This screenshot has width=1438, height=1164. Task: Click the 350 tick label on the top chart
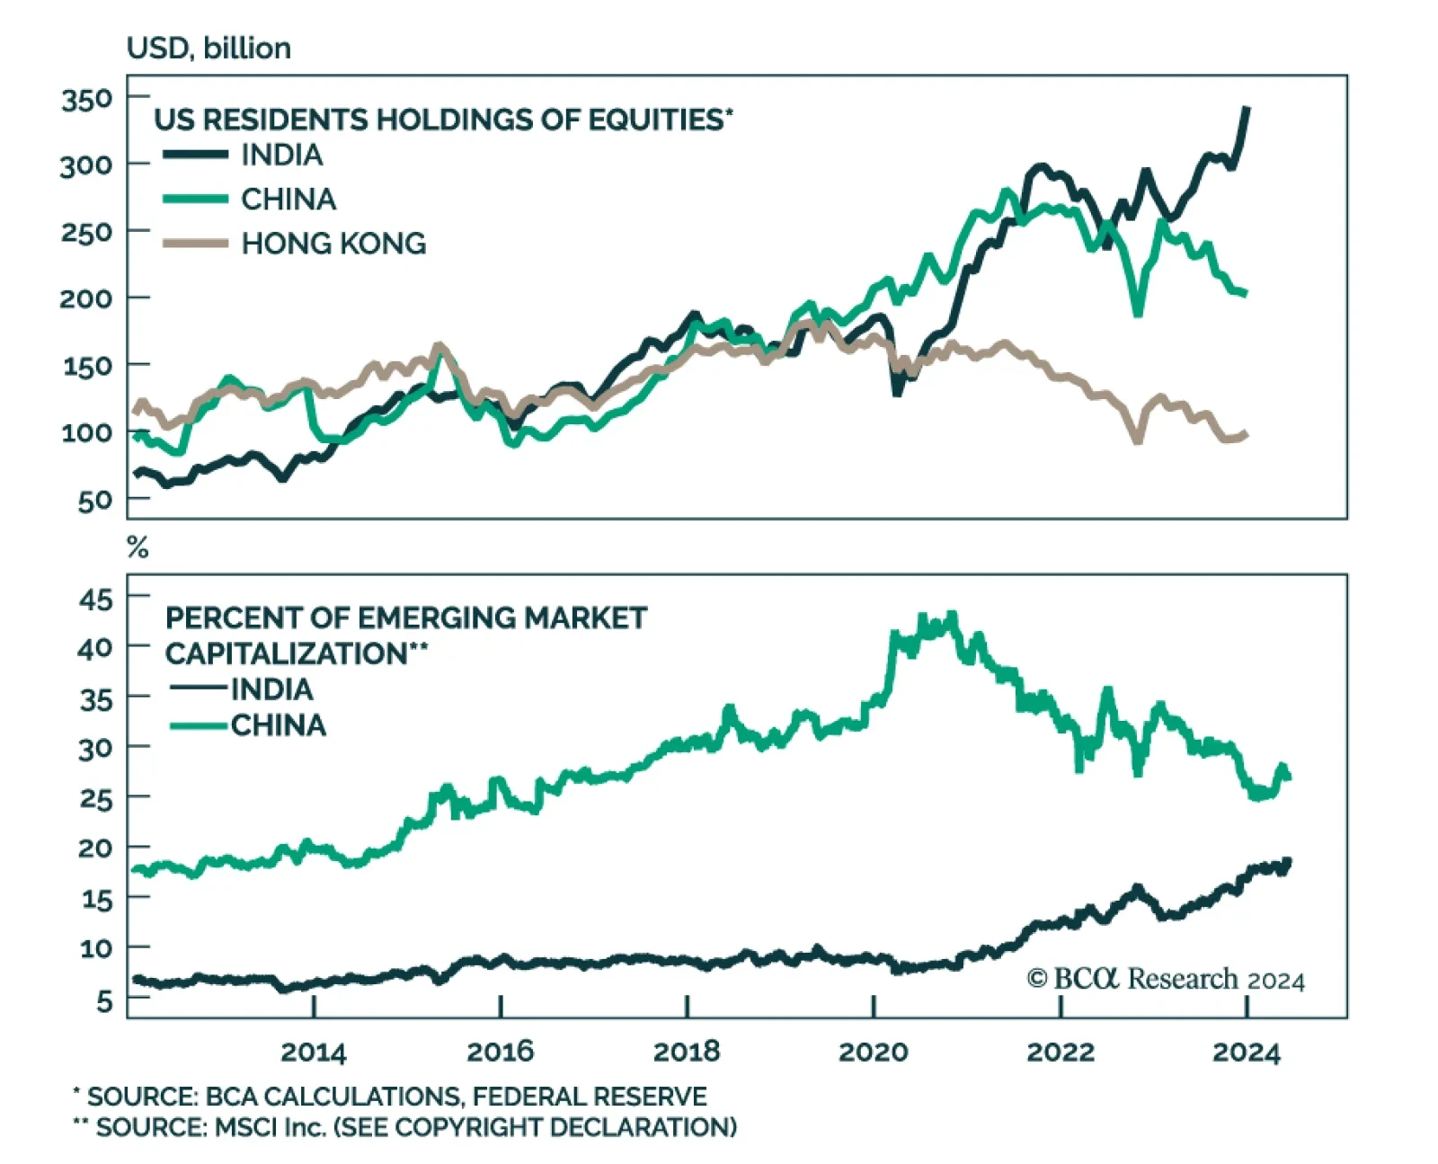click(x=87, y=98)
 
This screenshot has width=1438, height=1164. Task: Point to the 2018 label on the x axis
click(x=687, y=1052)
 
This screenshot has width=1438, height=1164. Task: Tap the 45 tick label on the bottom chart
click(x=95, y=600)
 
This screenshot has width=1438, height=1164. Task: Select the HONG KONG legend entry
click(x=333, y=244)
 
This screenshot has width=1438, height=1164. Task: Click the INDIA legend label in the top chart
click(x=282, y=155)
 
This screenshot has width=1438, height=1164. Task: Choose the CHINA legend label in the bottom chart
click(x=279, y=725)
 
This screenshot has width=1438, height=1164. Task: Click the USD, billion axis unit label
click(x=209, y=48)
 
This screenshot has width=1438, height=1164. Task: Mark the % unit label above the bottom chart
click(x=138, y=546)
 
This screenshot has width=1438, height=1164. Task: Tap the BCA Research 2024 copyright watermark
click(x=1166, y=979)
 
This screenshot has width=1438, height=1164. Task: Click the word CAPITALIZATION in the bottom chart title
click(x=287, y=653)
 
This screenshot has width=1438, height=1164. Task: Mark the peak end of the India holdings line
click(x=1247, y=109)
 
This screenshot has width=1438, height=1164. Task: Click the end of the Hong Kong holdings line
click(x=1246, y=434)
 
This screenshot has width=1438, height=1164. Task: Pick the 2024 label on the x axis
click(x=1246, y=1052)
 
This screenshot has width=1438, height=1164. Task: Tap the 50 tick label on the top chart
click(x=94, y=501)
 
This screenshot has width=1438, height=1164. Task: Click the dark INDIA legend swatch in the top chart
click(x=195, y=155)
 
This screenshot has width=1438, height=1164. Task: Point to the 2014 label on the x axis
click(x=313, y=1052)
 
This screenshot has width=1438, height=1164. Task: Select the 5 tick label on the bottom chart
click(x=104, y=1000)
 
